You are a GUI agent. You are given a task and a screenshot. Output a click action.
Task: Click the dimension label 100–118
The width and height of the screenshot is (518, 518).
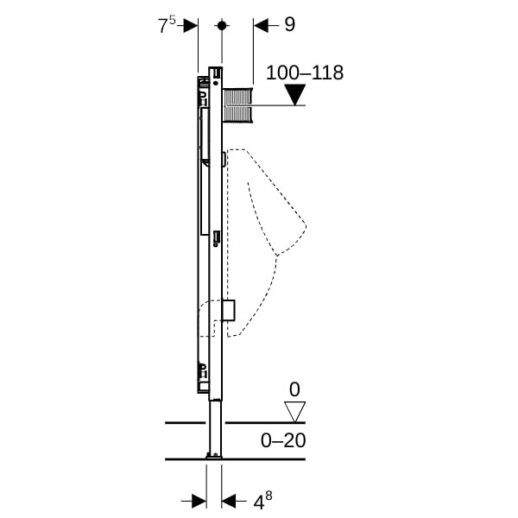(x=305, y=73)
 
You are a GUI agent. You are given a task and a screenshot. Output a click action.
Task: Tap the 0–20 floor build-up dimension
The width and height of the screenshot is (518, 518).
(x=283, y=440)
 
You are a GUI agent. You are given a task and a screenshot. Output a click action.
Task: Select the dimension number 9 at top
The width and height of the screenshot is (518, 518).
(x=290, y=24)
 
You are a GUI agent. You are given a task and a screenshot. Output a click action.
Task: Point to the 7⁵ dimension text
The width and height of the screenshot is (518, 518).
(x=167, y=25)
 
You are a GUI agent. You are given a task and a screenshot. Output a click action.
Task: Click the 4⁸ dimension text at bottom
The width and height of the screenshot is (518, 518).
(x=262, y=501)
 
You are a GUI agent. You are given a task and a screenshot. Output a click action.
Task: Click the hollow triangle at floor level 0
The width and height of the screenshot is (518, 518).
(x=294, y=412)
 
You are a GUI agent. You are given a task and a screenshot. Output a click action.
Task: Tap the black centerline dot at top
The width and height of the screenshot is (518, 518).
(x=222, y=25)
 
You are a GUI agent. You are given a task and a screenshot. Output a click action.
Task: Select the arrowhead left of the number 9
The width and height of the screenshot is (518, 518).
(x=261, y=25)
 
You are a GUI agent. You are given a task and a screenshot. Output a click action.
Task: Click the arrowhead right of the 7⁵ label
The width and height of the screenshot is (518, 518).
(x=191, y=25)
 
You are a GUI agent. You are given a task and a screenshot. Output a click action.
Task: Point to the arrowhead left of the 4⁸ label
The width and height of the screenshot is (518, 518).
(x=229, y=501)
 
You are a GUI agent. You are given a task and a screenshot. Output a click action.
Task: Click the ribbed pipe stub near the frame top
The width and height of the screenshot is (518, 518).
(x=238, y=105)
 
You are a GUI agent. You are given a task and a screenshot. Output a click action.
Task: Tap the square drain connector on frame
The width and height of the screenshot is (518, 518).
(x=229, y=311)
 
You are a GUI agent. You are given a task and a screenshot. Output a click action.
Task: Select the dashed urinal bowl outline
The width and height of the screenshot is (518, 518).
(x=266, y=243)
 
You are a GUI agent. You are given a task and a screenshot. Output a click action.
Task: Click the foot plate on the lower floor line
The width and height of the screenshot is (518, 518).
(x=214, y=456)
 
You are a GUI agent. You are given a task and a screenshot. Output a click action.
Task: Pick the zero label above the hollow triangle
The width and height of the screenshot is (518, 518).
(x=294, y=389)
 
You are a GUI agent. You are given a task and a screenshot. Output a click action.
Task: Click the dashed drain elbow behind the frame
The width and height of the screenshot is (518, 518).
(x=207, y=318)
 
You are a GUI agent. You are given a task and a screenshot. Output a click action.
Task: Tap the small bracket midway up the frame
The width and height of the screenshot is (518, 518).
(x=217, y=238)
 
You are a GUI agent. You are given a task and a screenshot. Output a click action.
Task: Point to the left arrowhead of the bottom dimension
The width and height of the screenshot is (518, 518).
(x=199, y=501)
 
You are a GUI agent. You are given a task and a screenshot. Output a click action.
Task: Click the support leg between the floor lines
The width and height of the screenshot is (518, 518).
(x=215, y=428)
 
